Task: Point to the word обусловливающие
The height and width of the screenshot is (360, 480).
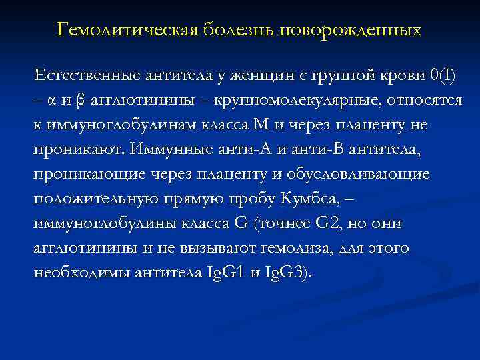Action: click(374, 175)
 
